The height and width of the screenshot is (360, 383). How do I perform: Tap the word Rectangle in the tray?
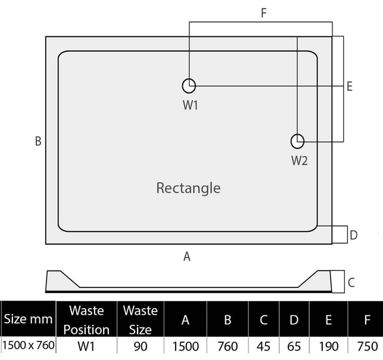tap(188, 188)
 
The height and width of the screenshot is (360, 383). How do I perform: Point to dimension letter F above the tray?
tap(263, 13)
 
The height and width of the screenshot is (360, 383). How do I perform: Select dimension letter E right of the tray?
tap(350, 86)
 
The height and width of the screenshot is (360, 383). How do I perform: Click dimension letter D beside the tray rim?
tap(354, 235)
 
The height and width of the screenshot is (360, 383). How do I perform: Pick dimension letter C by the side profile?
tap(351, 283)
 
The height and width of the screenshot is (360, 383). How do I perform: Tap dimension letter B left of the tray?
tap(38, 141)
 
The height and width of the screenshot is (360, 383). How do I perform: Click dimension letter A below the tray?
tap(187, 257)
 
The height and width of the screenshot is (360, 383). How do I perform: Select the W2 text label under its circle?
tap(300, 161)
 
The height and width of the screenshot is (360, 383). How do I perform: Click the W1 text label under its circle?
tap(190, 105)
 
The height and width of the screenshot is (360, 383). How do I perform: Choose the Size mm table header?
tap(29, 319)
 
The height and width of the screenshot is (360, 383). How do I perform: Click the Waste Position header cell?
tap(86, 320)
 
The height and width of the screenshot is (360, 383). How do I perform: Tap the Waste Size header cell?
tap(141, 320)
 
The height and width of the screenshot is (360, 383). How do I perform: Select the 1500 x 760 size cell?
tap(29, 345)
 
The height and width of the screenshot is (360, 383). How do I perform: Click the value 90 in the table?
tap(141, 346)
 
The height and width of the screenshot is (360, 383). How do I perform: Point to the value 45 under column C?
tap(263, 346)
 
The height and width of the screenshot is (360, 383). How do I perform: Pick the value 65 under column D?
tap(294, 346)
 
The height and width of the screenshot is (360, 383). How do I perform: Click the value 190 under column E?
tap(329, 346)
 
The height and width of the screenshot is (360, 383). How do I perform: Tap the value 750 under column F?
tap(368, 346)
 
